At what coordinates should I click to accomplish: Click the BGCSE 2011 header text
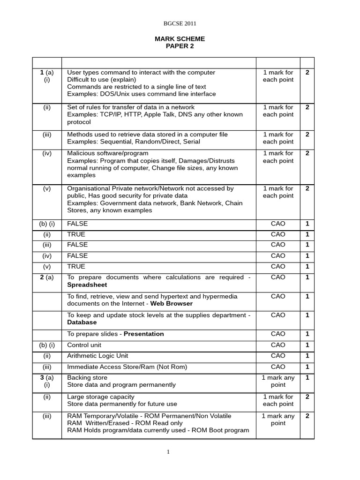(180, 23)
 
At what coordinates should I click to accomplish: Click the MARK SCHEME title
(180, 39)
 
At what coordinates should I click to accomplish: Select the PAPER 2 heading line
(180, 46)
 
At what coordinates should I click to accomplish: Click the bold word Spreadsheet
(87, 285)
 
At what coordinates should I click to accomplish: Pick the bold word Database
(82, 322)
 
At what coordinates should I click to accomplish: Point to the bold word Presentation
(144, 334)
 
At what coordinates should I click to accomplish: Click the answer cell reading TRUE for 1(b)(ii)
(76, 234)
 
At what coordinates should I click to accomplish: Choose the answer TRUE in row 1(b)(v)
(76, 267)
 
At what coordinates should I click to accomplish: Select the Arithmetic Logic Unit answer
(97, 356)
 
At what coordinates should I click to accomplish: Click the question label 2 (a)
(46, 277)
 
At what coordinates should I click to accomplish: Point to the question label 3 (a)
(46, 378)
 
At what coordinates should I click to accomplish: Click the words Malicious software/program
(108, 153)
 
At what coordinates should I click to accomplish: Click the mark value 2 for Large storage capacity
(307, 397)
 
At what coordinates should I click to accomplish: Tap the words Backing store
(87, 378)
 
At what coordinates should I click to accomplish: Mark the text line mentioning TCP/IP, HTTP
(155, 114)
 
